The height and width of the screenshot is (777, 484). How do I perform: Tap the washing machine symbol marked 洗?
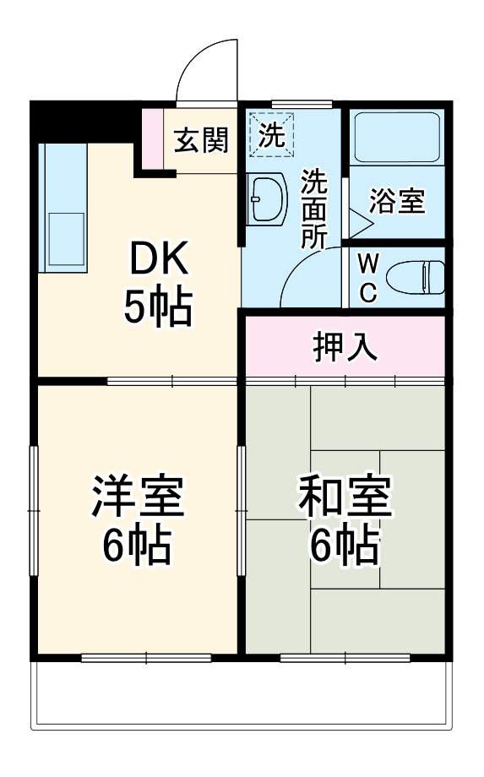(272, 134)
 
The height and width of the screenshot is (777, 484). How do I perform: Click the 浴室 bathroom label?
(396, 203)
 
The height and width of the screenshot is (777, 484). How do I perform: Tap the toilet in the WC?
(414, 276)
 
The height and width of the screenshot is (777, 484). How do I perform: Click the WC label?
(367, 277)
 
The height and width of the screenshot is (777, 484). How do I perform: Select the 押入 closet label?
(345, 346)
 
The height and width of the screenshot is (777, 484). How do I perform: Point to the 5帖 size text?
(158, 308)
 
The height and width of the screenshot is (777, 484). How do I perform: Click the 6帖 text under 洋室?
(137, 546)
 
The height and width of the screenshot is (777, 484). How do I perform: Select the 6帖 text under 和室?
(345, 546)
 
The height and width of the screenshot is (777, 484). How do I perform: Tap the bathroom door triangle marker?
(360, 223)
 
